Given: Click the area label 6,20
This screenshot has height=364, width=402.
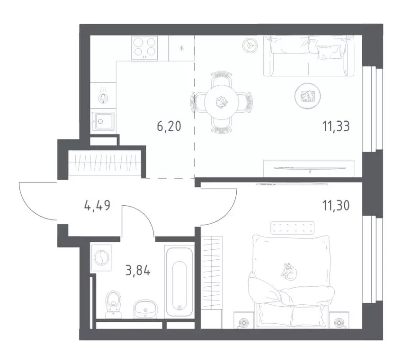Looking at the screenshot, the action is pos(169,126).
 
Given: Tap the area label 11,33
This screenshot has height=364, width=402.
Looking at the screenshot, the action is pos(336,126).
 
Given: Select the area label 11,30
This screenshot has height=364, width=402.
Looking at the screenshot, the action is pos(336,205).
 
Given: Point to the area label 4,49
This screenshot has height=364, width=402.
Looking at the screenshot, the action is pos(97,205).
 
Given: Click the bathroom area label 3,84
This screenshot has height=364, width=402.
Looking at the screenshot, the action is pos(138,270).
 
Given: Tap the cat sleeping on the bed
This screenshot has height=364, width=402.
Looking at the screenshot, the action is pos(289,271).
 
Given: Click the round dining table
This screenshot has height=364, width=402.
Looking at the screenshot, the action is pos(222,102).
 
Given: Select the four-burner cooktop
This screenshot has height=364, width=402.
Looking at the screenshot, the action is pos(144,48).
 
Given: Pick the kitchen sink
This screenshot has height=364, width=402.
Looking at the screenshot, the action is pos(103,121).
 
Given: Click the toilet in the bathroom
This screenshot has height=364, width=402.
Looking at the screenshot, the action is pos(113,304).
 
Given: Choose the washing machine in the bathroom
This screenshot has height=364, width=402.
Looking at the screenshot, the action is pos(101,257).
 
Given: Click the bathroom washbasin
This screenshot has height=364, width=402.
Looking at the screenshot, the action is pos(145,309).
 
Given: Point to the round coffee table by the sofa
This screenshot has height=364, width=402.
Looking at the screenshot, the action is pos(307,96).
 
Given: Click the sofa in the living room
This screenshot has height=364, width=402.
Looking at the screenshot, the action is pos(309,56).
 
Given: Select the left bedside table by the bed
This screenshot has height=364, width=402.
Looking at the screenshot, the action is pos(243,320).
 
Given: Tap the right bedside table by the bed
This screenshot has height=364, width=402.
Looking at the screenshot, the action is pos(339,320).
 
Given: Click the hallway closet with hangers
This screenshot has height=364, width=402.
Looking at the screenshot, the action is pos(105,163).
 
